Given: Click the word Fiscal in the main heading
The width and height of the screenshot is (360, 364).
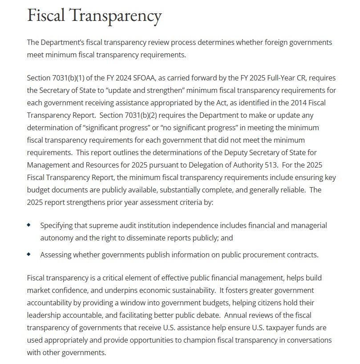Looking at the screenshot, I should [47, 16].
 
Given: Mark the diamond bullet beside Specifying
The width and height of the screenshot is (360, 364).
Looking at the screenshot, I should [29, 225].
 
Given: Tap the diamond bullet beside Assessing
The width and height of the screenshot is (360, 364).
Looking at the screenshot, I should [29, 254].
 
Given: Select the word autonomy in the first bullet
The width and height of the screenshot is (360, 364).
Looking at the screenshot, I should [57, 238].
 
